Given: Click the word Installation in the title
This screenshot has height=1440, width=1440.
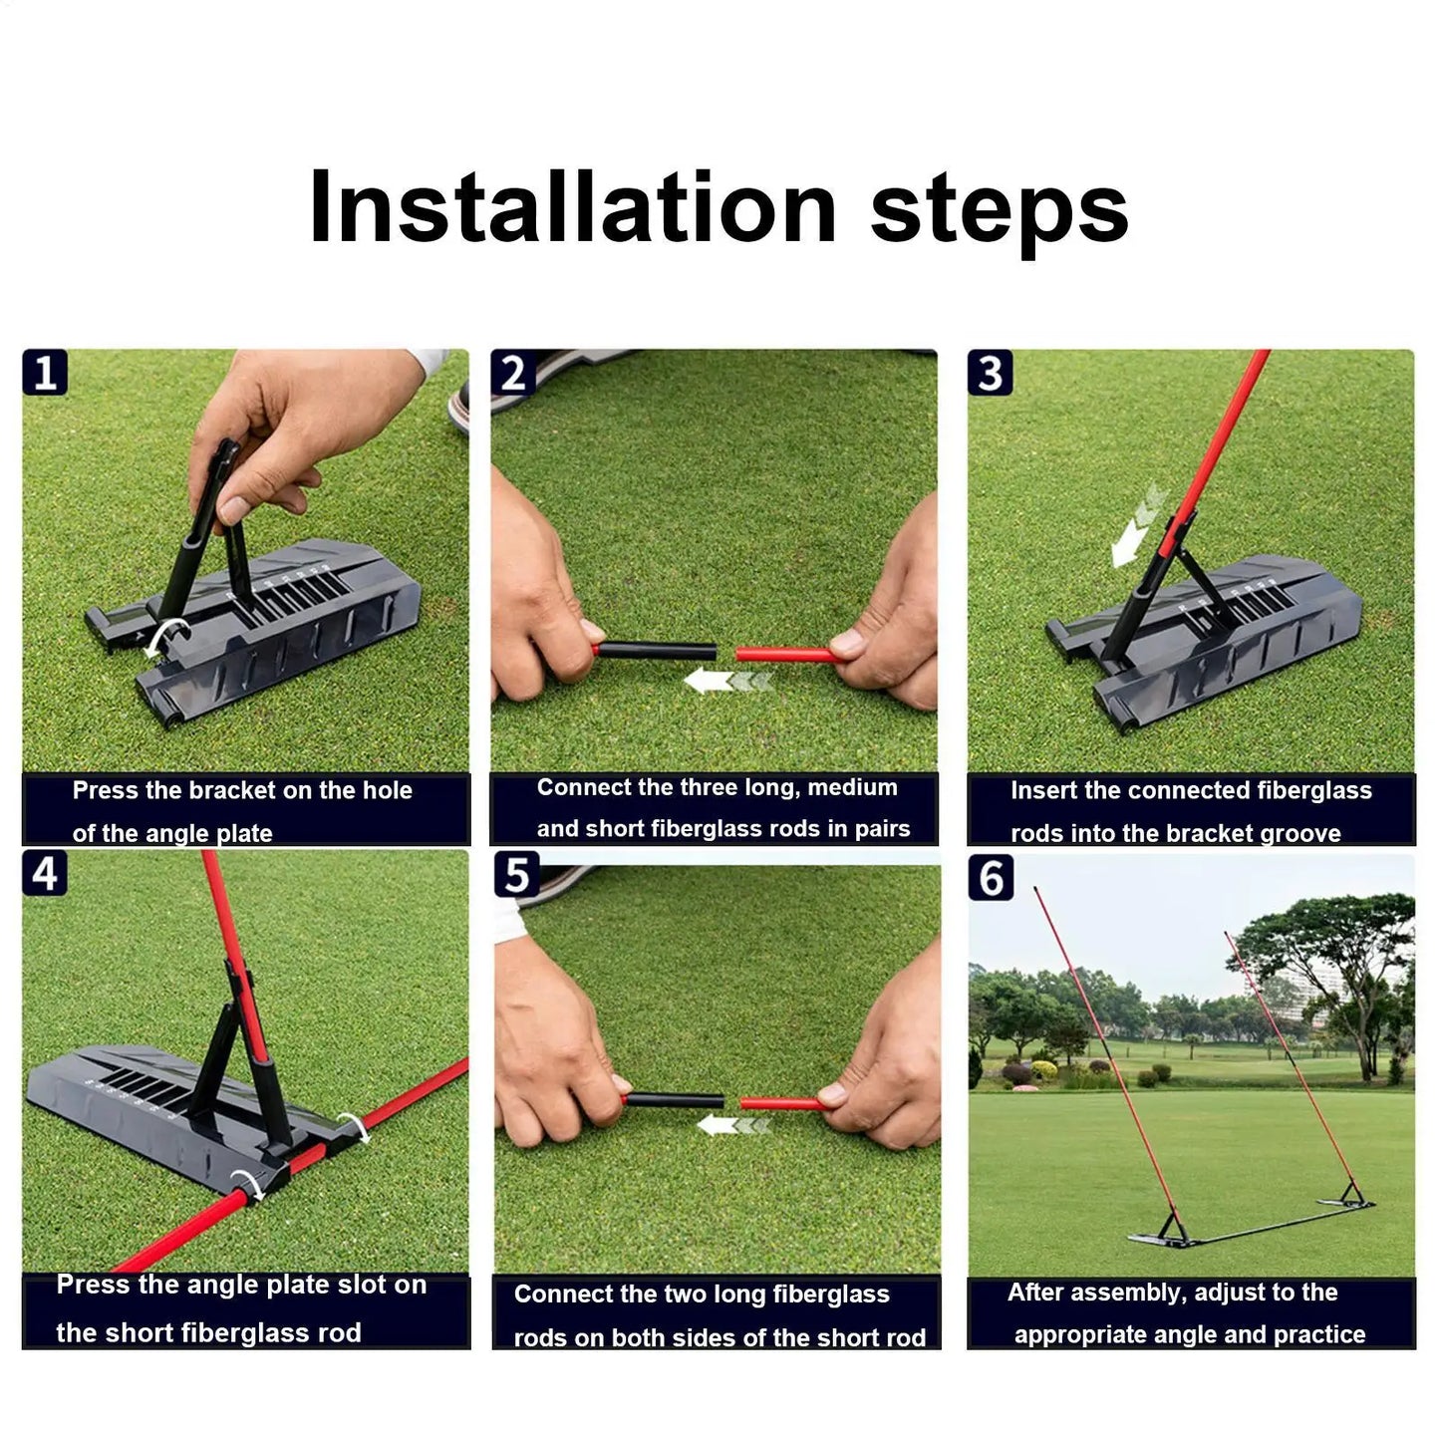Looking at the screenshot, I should point(572,207).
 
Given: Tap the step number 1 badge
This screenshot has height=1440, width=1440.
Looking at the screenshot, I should point(45,373).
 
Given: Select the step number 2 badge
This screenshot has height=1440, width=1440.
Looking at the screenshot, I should point(513,373).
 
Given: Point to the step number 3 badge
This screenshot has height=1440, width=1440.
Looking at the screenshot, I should point(990,373).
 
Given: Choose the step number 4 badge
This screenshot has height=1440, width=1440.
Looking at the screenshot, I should point(45,873).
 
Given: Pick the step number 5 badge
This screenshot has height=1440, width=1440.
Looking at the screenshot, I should point(517,875).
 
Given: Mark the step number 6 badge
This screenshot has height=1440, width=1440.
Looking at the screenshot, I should point(992,877).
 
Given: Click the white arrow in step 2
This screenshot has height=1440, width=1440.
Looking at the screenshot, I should point(728,682).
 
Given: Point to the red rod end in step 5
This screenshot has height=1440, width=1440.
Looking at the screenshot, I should point(781,1103).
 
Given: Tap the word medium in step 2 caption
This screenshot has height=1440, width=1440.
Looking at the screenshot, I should point(852,787).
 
